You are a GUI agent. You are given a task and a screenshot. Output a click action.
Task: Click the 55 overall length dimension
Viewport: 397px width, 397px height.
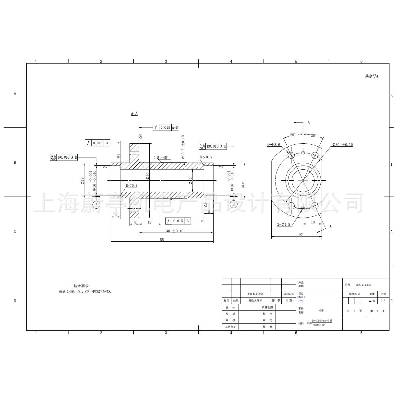coord(162,240)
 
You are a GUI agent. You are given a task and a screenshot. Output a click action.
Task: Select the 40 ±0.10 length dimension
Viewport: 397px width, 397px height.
coord(175,231)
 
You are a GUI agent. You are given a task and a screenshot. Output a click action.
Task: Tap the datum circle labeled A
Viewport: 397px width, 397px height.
coord(97,205)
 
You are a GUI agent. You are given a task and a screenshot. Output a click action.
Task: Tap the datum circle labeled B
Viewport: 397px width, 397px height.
coord(233,204)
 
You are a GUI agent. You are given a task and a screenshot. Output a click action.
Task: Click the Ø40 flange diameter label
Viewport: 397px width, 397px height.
coord(148,176)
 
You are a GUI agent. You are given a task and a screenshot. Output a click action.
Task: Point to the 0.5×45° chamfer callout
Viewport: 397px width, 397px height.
coord(161,158)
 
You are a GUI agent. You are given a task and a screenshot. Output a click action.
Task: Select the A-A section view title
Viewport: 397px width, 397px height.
coord(134,113)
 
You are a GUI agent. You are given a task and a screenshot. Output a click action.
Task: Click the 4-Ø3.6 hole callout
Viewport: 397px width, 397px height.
coord(274,145)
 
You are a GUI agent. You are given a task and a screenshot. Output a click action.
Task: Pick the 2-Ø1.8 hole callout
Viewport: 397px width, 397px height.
coord(284,224)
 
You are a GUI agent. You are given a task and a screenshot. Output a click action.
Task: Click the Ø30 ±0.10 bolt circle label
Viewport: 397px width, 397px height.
coord(343,145)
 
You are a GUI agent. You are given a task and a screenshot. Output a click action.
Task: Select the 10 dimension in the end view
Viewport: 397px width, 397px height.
coord(313,222)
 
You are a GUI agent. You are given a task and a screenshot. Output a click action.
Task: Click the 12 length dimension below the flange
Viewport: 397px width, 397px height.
coord(149,222)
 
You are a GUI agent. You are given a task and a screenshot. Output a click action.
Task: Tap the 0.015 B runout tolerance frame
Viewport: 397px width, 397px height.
coord(178,221)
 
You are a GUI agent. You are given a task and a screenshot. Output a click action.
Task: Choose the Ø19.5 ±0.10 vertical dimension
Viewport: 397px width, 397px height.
coord(183,147)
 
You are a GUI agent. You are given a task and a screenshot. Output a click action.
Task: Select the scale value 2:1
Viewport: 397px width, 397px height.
coord(383,301)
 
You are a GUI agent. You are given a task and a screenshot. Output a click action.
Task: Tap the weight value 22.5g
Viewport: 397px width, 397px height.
coord(372,301)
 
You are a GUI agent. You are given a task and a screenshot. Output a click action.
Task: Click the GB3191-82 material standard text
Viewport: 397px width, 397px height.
coord(319,325)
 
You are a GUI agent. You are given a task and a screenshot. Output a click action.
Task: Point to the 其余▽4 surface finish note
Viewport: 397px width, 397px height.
coord(371,76)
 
